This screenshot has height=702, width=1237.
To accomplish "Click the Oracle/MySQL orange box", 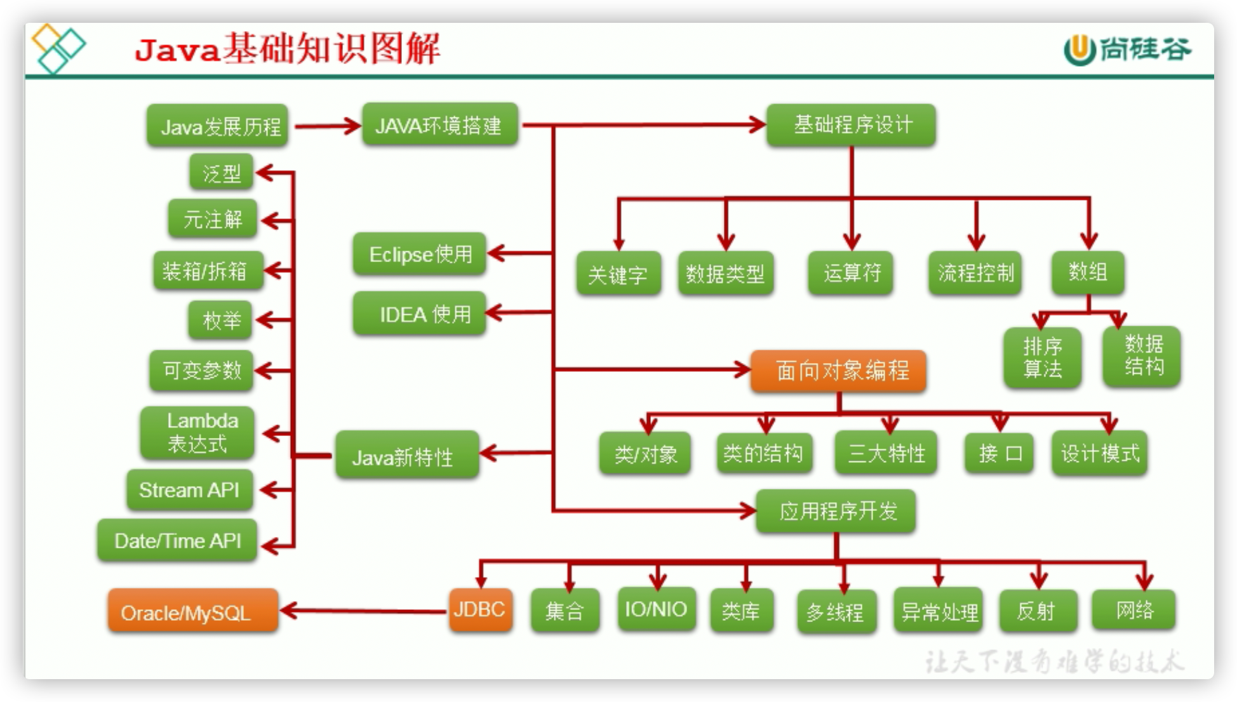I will (x=192, y=611).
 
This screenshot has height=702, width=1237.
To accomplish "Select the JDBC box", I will (x=480, y=610).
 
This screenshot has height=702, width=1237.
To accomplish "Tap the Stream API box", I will (x=189, y=490).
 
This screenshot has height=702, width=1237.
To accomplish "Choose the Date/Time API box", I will (x=177, y=541).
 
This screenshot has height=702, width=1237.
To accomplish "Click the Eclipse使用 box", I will (x=420, y=254).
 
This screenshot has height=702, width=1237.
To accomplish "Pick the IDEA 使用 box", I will (x=420, y=314).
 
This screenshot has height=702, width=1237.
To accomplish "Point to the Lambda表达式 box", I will (x=197, y=433).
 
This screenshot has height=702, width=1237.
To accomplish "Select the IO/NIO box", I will (x=656, y=609).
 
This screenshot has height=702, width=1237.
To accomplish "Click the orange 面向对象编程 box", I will (x=838, y=371).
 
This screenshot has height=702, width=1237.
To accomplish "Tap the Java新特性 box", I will (x=406, y=455).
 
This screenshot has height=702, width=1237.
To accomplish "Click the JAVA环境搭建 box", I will (x=439, y=125).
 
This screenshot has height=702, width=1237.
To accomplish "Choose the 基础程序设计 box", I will (x=851, y=125).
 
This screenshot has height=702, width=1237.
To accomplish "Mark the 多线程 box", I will (x=836, y=612).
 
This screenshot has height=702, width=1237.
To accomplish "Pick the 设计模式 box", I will (x=1099, y=453).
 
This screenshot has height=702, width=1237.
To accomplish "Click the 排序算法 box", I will (x=1042, y=357).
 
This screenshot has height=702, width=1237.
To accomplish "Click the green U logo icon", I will (x=1080, y=50).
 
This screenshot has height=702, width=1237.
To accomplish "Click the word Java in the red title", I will (x=177, y=50).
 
